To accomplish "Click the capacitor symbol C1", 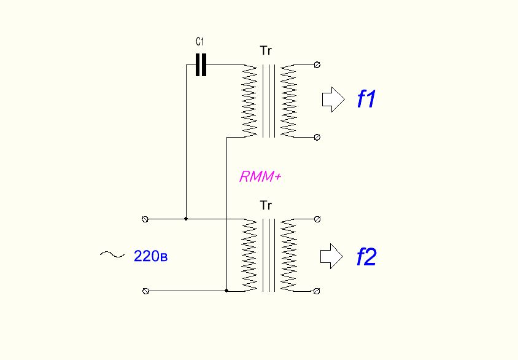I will (x=201, y=65).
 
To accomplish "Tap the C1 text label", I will (x=200, y=42).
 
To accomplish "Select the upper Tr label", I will (x=266, y=51).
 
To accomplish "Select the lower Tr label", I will (x=266, y=205).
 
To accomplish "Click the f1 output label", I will (x=366, y=100).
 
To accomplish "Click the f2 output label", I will (x=366, y=257).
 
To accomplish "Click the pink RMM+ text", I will (x=260, y=178).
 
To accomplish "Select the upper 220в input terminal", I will (x=145, y=219).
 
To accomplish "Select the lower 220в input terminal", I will (x=145, y=291).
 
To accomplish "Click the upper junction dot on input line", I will (x=186, y=219).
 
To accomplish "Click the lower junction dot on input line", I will (x=227, y=291).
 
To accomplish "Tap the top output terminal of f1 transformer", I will (x=317, y=65).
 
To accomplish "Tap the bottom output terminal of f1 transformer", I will (x=317, y=137).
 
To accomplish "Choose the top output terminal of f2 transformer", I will (x=317, y=219).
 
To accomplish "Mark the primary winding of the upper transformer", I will (x=250, y=101).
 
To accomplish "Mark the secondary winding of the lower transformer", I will (x=288, y=254).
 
